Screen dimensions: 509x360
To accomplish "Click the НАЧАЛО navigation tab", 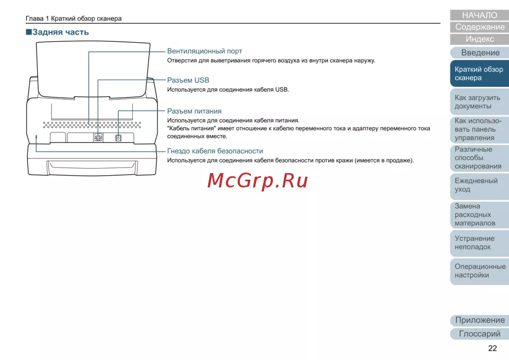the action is [x=479, y=15].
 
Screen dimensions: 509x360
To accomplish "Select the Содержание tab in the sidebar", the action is [x=479, y=27].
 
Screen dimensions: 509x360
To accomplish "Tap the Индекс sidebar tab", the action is [x=479, y=39].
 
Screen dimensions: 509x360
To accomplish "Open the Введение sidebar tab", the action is [x=480, y=52].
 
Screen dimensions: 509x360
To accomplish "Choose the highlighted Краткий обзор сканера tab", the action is [x=479, y=74].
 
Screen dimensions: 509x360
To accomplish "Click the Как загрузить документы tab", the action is [x=479, y=102].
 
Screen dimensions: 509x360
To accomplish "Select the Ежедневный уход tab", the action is [x=479, y=185].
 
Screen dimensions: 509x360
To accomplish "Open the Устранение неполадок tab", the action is [x=479, y=243].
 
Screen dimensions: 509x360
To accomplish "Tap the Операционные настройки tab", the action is [x=479, y=271].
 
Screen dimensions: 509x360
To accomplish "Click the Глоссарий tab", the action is [x=479, y=334].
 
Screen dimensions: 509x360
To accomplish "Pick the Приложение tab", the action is [x=479, y=320].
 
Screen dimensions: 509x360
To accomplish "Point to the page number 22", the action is [x=492, y=348].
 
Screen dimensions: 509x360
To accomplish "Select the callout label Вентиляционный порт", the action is [x=205, y=51].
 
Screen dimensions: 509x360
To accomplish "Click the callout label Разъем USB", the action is [x=188, y=80].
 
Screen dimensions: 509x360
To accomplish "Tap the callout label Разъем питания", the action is [x=194, y=111].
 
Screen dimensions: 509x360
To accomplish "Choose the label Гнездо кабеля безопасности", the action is [x=215, y=151].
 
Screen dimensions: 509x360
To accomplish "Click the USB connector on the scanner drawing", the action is [x=98, y=137].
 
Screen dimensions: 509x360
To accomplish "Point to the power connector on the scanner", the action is [x=118, y=138].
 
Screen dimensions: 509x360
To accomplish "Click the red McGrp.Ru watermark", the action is [x=258, y=181].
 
